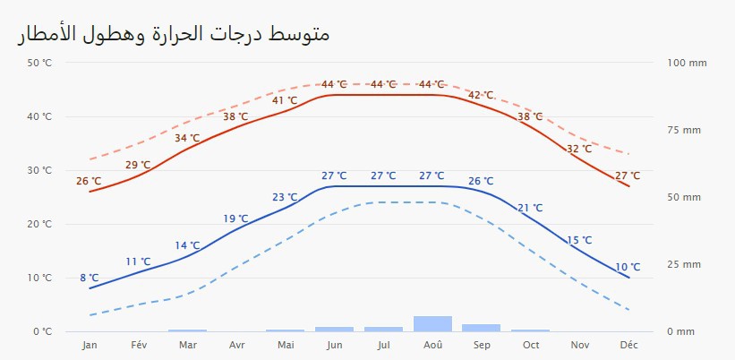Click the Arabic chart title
pyautogui.click(x=173, y=35)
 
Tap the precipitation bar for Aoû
pyautogui.click(x=432, y=324)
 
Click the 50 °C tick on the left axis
pyautogui.click(x=40, y=63)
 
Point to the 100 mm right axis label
pyautogui.click(x=688, y=63)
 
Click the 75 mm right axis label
pyautogui.click(x=685, y=130)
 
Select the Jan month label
pyautogui.click(x=90, y=345)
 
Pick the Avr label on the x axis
pyautogui.click(x=237, y=345)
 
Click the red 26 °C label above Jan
pyautogui.click(x=89, y=181)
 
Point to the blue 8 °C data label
pyautogui.click(x=89, y=278)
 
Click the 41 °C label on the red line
pyautogui.click(x=285, y=100)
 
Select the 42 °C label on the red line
pyautogui.click(x=481, y=95)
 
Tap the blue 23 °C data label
pyautogui.click(x=285, y=197)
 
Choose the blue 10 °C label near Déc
pyautogui.click(x=628, y=267)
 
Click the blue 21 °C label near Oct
pyautogui.click(x=530, y=208)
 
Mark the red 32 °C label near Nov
pyautogui.click(x=579, y=149)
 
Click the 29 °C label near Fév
pyautogui.click(x=138, y=165)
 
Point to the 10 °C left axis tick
pyautogui.click(x=40, y=278)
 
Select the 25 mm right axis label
pyautogui.click(x=685, y=264)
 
